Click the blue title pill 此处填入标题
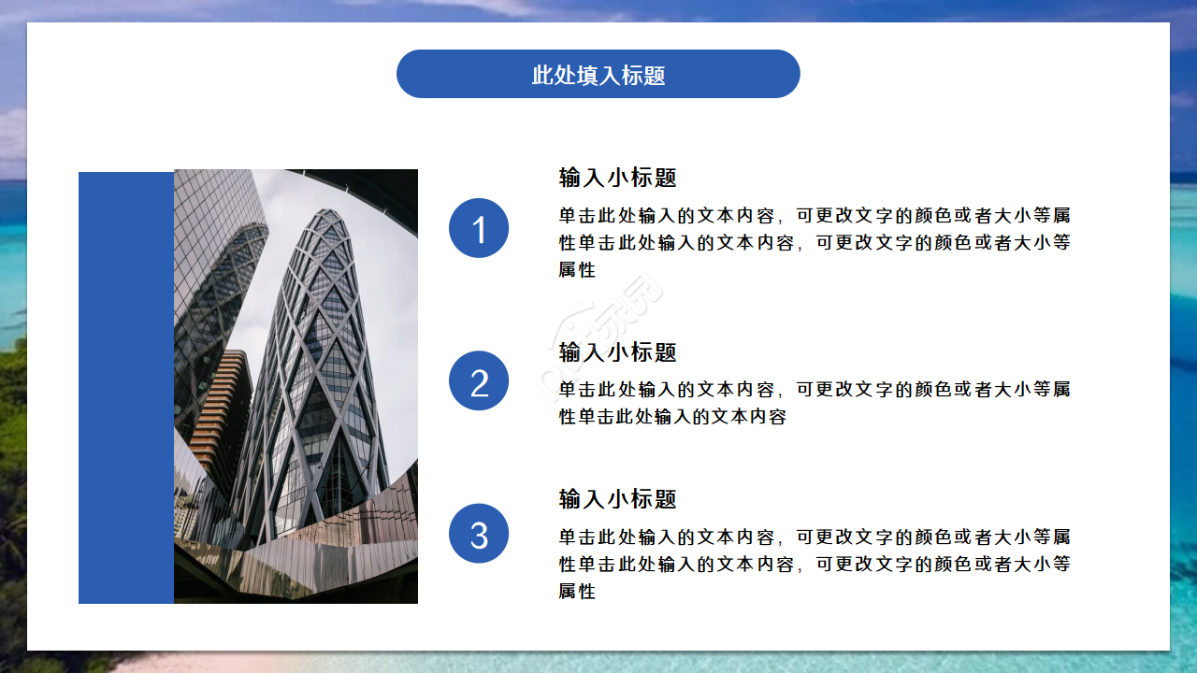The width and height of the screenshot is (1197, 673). click(598, 74)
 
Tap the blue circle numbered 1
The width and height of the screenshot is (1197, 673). click(479, 228)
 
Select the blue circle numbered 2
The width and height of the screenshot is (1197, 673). click(479, 380)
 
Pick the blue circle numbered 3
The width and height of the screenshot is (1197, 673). click(479, 533)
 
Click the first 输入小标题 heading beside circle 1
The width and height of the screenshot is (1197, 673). click(617, 178)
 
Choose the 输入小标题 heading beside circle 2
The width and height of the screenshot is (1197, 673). click(617, 352)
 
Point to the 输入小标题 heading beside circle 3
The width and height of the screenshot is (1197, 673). click(617, 499)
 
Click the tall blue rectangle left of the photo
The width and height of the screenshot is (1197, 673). click(125, 388)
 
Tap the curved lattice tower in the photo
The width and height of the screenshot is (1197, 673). click(323, 374)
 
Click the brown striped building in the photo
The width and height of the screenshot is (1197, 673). click(224, 411)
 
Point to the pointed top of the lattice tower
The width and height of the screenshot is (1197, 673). click(329, 217)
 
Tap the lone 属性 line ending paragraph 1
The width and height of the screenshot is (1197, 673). click(577, 270)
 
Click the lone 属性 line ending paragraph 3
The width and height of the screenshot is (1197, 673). click(577, 592)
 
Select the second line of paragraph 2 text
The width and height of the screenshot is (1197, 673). click(672, 417)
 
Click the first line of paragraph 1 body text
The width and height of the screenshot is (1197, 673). click(814, 216)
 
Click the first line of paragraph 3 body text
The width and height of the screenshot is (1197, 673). click(814, 537)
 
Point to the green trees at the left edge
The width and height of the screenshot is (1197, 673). click(12, 467)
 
